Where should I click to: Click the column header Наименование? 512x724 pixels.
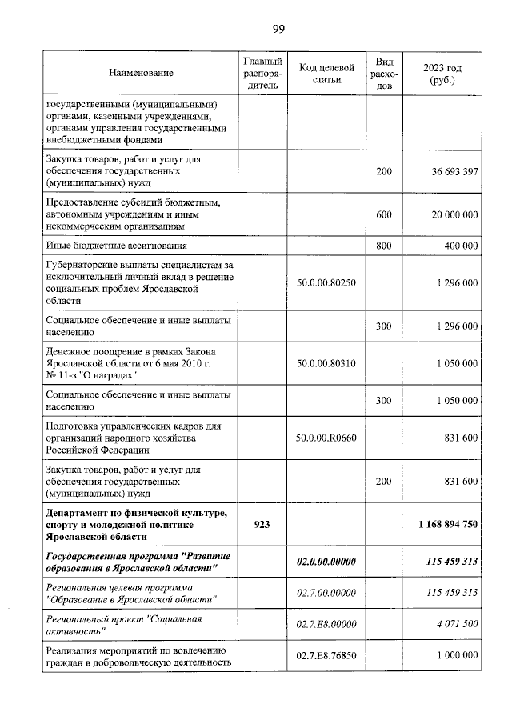pos(142,73)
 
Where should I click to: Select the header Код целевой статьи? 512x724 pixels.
pos(326,73)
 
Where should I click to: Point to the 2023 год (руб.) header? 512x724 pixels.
pos(442,74)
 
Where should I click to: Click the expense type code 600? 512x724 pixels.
pos(384,214)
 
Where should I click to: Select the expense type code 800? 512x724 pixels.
pos(384,246)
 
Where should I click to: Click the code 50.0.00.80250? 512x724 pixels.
pos(326,283)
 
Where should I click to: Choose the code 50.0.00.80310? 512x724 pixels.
pos(326,363)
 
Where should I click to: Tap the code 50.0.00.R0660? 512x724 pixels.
pos(326,438)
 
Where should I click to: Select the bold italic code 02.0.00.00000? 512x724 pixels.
pos(326,562)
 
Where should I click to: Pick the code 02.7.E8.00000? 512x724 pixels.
pos(326,624)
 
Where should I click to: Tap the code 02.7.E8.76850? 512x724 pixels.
pos(326,655)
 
